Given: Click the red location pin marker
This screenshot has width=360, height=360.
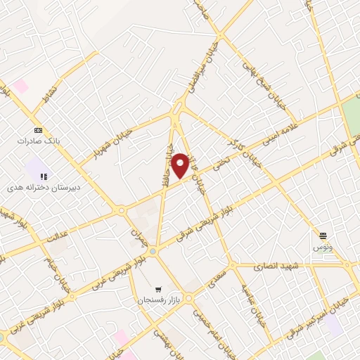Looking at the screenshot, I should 181,165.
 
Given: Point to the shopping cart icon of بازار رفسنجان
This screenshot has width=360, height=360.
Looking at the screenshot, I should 159,289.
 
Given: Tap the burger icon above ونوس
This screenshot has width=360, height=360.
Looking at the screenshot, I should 323,236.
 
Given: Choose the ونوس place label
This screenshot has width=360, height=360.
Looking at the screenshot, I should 323,247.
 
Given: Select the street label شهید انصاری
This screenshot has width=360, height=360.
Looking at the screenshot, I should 278,266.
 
